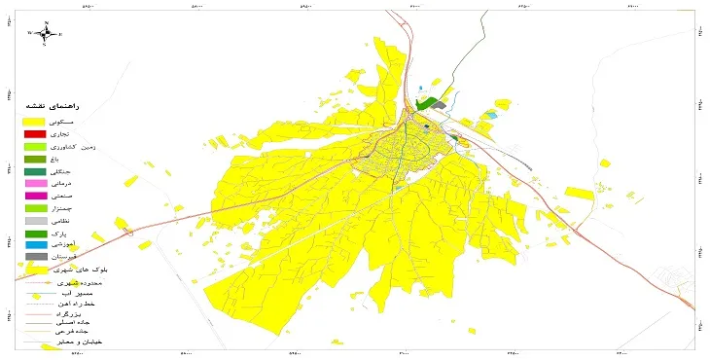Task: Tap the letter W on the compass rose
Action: click(30, 32)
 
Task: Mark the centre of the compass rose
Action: click(46, 32)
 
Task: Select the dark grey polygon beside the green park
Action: click(440, 104)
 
